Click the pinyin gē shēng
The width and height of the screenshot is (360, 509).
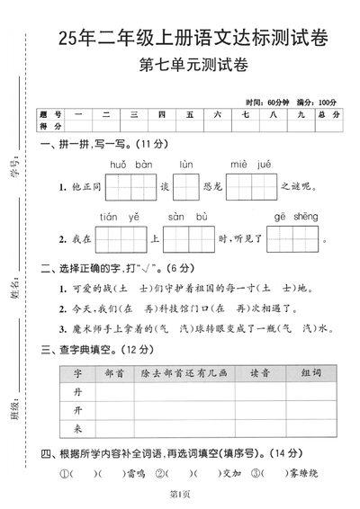click(292, 217)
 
